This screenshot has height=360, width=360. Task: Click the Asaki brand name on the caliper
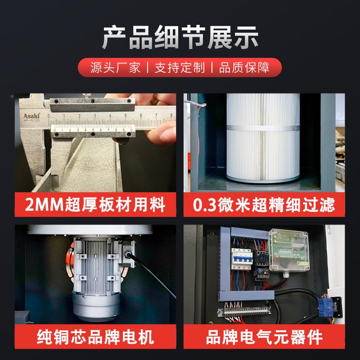point(31,116)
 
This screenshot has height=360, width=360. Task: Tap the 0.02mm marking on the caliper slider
point(90,107)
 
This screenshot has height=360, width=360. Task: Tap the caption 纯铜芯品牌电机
point(95,337)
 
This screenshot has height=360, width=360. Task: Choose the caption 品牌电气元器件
point(264,337)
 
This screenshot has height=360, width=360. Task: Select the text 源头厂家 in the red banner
point(115,68)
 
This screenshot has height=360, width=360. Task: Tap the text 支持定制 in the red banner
point(180,68)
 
